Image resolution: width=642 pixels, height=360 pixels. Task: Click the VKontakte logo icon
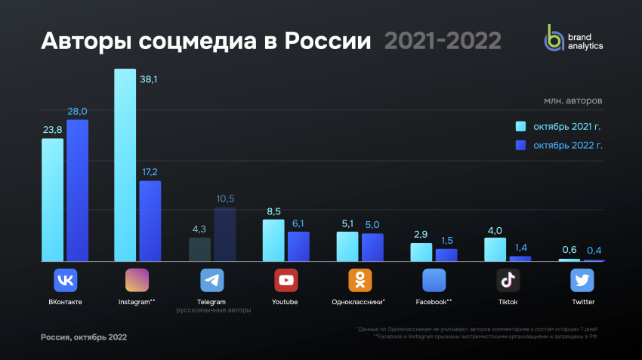tap(66, 281)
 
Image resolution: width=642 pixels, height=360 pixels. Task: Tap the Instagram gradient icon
tap(137, 281)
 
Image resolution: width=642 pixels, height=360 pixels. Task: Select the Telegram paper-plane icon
tap(211, 281)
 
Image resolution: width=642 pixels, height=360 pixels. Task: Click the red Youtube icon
tap(286, 281)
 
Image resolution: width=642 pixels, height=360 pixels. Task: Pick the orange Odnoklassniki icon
tap(360, 281)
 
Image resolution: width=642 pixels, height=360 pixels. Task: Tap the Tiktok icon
tap(508, 281)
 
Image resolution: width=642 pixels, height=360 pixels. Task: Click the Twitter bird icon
tap(582, 281)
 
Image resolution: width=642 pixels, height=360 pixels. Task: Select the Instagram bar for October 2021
tap(125, 165)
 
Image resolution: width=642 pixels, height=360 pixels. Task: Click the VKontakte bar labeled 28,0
tap(77, 190)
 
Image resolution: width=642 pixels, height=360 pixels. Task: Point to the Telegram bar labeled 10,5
tap(224, 235)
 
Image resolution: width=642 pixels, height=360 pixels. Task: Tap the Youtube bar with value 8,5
tap(273, 240)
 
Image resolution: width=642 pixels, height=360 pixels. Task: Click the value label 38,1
tap(149, 78)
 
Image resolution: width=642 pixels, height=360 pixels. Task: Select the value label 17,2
tap(149, 173)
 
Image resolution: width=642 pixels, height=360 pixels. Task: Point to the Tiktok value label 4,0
tap(494, 231)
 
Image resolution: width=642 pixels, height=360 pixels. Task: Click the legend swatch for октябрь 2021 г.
tap(520, 126)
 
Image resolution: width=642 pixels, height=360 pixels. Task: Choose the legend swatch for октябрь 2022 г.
tap(520, 145)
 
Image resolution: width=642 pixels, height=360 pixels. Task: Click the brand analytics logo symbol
tap(555, 38)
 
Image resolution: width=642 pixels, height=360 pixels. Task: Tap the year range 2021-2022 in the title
tap(442, 41)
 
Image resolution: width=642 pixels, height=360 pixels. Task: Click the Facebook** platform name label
tap(434, 302)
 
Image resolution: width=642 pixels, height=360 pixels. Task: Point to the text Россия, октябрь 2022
tap(84, 337)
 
